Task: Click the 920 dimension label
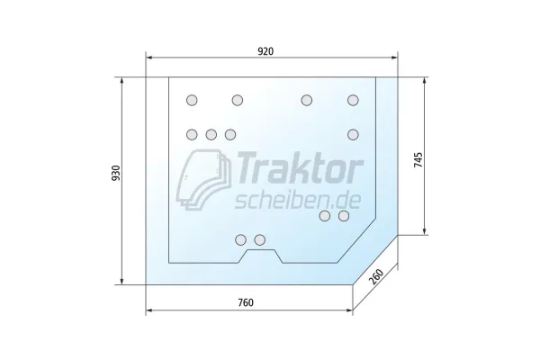[x=265, y=51]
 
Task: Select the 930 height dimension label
[x=116, y=174]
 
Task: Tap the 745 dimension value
[x=418, y=159]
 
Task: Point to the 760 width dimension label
[x=246, y=302]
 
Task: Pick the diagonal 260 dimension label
[x=376, y=276]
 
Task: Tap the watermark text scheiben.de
[x=298, y=201]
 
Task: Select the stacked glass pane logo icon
[x=203, y=179]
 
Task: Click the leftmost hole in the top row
[x=192, y=100]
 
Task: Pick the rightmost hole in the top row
[x=353, y=100]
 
